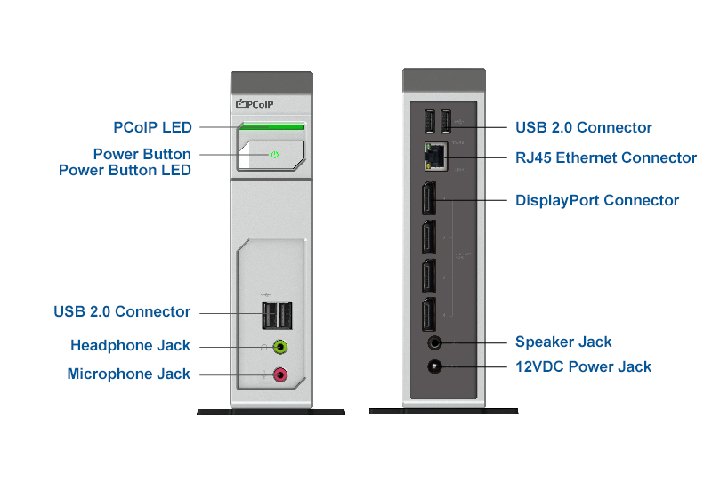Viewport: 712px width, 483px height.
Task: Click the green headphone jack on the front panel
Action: click(280, 347)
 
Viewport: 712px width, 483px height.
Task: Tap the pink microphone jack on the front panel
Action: click(280, 374)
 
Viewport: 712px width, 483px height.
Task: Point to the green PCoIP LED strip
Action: click(271, 127)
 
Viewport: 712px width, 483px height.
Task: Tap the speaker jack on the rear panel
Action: click(435, 342)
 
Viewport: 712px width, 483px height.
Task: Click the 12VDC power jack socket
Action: click(435, 366)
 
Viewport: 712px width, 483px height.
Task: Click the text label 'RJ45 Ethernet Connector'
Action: click(606, 157)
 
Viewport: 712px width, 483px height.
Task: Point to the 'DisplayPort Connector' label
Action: click(597, 200)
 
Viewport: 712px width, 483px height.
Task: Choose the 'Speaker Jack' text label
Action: click(563, 342)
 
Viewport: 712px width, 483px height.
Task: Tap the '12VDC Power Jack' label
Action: click(583, 366)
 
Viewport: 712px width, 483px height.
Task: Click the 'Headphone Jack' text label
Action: click(130, 345)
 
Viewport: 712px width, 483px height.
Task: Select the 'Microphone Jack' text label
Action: click(128, 374)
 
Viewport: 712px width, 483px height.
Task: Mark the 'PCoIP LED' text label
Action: click(152, 127)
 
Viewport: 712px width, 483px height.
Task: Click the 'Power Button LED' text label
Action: click(125, 170)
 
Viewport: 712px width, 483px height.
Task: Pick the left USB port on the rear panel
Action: click(427, 121)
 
